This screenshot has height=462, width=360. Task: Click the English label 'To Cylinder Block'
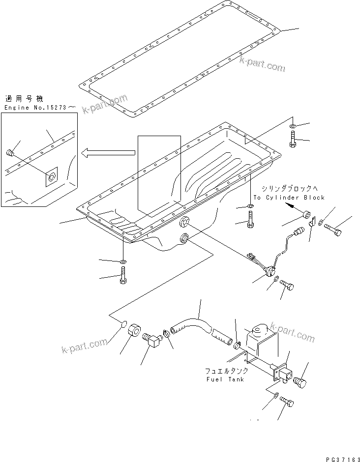point(289,198)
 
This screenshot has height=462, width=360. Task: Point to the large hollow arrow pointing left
point(108,153)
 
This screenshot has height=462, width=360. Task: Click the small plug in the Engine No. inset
point(10,153)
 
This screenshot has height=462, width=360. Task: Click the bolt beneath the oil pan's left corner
point(123,275)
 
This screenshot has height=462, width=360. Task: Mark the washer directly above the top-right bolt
point(293,127)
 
